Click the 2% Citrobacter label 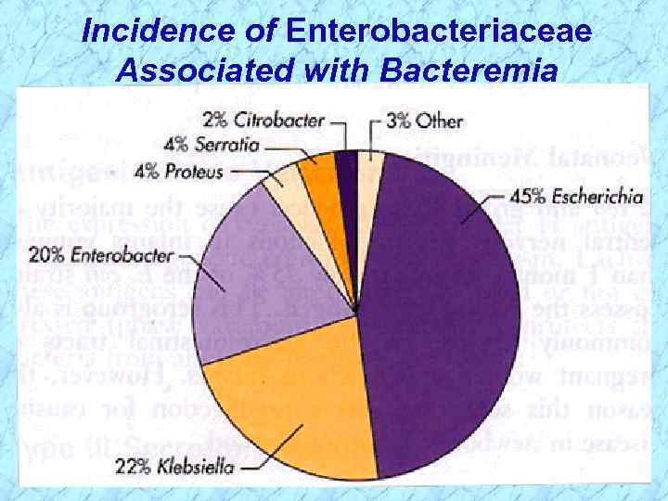263,120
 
